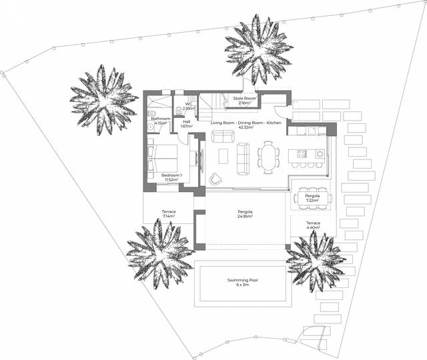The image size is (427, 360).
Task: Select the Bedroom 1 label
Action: tap(171, 175)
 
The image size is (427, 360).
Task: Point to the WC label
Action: tap(189, 104)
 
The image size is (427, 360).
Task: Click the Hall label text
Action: tap(187, 121)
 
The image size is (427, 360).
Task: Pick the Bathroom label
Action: tap(161, 119)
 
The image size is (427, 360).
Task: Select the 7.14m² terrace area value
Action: tap(168, 217)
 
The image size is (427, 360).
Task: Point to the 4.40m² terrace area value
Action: tap(313, 227)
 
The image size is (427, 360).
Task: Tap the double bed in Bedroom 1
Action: tap(163, 158)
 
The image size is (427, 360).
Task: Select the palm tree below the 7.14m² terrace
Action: tap(159, 251)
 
